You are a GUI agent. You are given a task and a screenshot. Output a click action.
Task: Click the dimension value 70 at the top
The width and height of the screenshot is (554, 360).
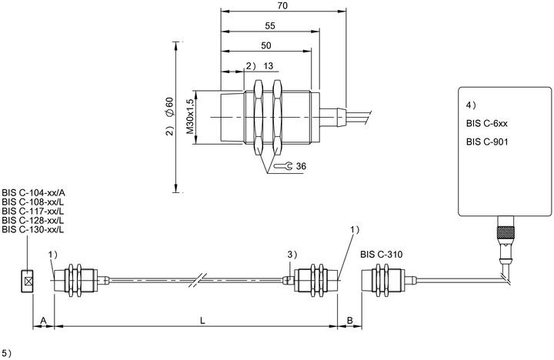(x=283, y=5)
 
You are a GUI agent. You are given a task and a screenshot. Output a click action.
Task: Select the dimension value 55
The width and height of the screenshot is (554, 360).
(x=270, y=26)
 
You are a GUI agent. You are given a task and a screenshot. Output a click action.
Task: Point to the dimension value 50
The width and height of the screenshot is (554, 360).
(x=266, y=45)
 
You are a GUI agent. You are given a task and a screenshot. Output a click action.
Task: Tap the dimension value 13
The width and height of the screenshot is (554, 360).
(x=269, y=65)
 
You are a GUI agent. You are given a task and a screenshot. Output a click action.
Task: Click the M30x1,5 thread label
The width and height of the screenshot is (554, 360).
(x=190, y=116)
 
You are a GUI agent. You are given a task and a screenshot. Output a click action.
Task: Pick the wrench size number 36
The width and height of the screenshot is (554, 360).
(x=301, y=165)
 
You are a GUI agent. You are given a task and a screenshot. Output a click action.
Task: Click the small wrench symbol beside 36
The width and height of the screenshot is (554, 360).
(x=283, y=165)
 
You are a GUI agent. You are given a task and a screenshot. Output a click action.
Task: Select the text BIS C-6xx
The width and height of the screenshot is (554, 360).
(x=486, y=123)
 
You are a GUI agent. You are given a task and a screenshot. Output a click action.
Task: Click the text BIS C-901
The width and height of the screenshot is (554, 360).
(x=487, y=142)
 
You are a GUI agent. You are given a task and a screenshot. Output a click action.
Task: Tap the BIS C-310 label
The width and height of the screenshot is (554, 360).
(x=381, y=255)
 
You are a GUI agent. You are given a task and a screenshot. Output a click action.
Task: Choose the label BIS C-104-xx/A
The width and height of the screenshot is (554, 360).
(x=34, y=193)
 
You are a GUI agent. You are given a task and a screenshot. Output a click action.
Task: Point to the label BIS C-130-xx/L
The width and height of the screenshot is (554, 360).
(x=33, y=230)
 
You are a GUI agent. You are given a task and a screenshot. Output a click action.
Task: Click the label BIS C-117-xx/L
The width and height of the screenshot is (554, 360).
(x=33, y=212)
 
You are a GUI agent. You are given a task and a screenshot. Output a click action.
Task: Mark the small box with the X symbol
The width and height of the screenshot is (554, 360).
(x=27, y=282)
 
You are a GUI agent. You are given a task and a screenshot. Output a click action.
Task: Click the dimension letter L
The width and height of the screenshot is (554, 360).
(x=202, y=321)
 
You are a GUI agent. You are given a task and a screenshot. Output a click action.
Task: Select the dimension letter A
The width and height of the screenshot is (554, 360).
(x=43, y=321)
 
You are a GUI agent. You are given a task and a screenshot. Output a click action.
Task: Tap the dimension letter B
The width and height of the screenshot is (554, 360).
(x=350, y=321)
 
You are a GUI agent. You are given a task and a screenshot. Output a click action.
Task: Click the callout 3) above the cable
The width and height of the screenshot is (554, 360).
(x=292, y=255)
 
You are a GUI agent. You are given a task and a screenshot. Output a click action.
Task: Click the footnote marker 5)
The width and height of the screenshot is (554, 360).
(x=7, y=353)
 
